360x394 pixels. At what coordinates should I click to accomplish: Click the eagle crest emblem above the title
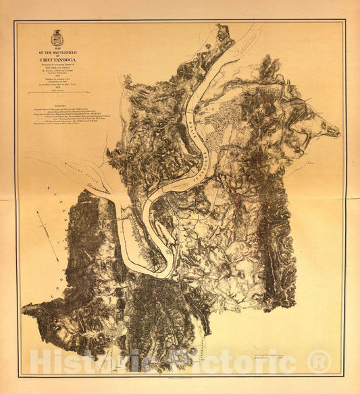pyautogui.click(x=57, y=38)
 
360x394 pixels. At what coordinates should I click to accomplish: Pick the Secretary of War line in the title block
pyautogui.click(x=57, y=80)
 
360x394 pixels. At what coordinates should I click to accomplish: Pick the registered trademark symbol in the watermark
pyautogui.click(x=319, y=362)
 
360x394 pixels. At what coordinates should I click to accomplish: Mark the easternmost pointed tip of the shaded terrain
pyautogui.click(x=339, y=132)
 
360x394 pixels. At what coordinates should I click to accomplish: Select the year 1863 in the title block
pyautogui.click(x=57, y=73)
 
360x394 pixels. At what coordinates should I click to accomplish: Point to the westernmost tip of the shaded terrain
pyautogui.click(x=22, y=310)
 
